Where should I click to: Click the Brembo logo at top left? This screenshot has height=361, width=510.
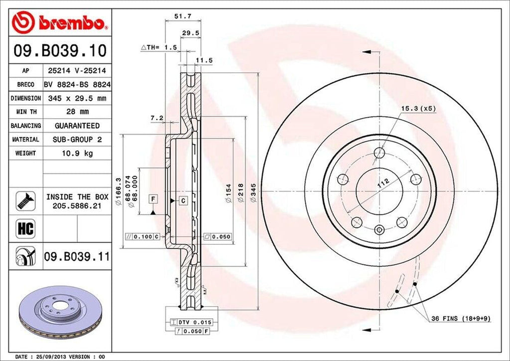(x=60, y=23)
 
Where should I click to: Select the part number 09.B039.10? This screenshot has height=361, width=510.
(x=60, y=51)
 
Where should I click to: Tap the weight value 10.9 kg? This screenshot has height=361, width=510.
(x=77, y=153)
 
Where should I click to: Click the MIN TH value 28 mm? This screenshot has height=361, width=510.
(x=77, y=112)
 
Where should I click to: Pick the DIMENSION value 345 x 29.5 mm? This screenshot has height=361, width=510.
(x=77, y=99)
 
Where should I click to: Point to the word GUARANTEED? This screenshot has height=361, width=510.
(x=77, y=126)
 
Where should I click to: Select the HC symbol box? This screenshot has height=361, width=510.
(x=24, y=229)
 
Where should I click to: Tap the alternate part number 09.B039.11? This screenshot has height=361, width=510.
(x=77, y=257)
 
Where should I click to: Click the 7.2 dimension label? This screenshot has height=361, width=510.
(x=157, y=118)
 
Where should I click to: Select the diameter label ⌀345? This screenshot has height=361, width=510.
(x=254, y=192)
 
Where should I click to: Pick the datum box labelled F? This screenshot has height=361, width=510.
(x=153, y=199)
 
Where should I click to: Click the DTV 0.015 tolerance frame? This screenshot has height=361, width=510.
(x=192, y=323)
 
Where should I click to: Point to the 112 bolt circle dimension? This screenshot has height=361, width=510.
(x=383, y=183)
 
